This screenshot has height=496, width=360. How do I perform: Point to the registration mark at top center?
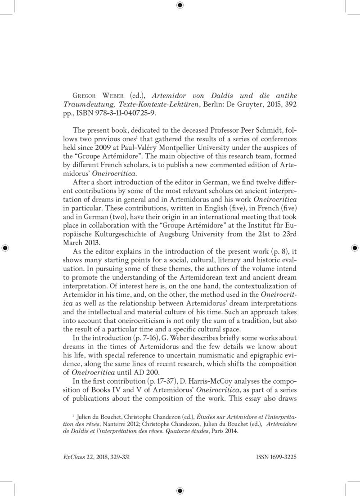tap(180, 5)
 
